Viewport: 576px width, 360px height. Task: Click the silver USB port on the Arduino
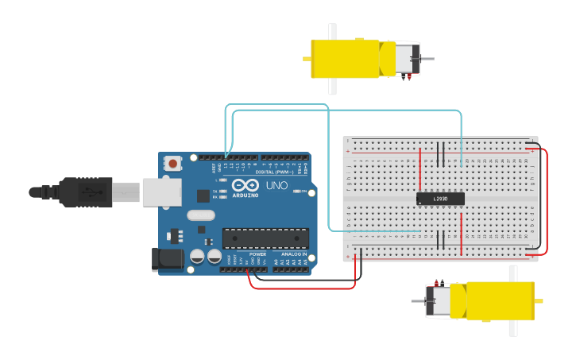[x=161, y=192]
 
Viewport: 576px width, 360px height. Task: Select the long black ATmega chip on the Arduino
[x=265, y=238]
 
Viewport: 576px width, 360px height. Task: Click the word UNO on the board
[x=276, y=185]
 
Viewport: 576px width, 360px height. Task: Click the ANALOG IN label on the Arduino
[x=292, y=254]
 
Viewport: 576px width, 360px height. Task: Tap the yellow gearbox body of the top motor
[x=345, y=59]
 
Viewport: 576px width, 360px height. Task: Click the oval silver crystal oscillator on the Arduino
[x=201, y=215]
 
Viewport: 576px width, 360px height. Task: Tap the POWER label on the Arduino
[x=257, y=254]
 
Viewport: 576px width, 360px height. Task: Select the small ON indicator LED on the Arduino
[x=297, y=192]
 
